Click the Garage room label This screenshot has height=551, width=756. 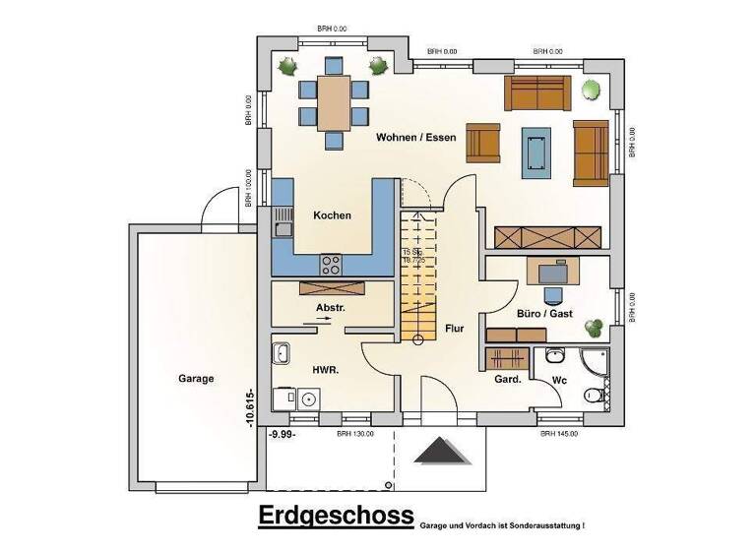point(196,378)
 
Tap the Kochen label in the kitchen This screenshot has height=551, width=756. point(332,215)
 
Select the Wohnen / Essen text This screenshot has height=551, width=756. point(415,139)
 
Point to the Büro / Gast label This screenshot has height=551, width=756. point(544,314)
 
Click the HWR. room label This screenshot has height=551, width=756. point(326,371)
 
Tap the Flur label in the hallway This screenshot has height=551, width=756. point(454,329)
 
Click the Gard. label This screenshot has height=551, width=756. point(507,378)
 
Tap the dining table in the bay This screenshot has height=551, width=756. point(334,102)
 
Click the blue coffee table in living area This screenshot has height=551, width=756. point(536,148)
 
